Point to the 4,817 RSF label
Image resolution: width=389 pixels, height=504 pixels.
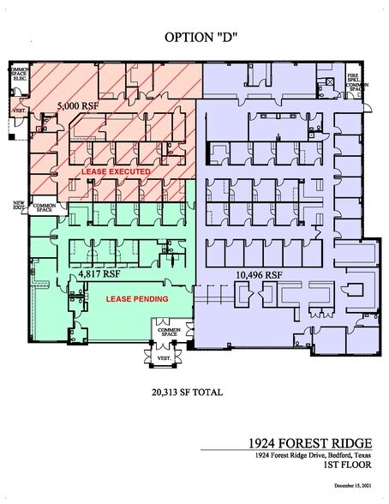[95, 275]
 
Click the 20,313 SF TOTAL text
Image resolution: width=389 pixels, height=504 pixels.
[187, 393]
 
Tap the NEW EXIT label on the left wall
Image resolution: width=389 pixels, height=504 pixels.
[18, 206]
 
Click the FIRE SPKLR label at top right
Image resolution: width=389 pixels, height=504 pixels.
[353, 78]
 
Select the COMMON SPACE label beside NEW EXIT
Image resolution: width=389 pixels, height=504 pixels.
[43, 207]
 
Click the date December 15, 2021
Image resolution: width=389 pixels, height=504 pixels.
[357, 486]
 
